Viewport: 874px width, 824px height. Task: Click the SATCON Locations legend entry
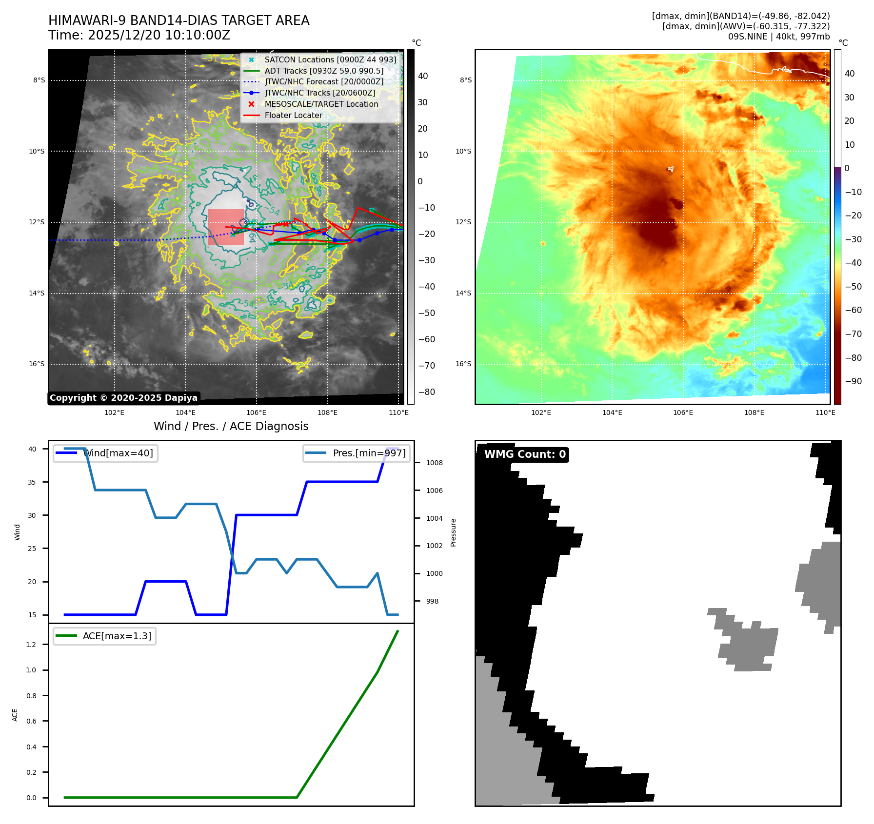click(330, 59)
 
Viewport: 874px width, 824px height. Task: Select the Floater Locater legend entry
click(293, 115)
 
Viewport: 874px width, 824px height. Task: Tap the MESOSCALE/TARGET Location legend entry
click(321, 104)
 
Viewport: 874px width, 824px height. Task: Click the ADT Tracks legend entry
click(324, 71)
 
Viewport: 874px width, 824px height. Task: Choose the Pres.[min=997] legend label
click(369, 453)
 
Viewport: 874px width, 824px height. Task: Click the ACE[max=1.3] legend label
click(117, 636)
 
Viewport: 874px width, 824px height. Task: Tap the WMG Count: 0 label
click(525, 454)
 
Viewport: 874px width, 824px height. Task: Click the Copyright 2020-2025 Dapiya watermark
click(123, 398)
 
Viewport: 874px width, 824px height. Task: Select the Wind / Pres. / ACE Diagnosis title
click(231, 426)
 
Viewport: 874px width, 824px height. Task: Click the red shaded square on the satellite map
click(226, 227)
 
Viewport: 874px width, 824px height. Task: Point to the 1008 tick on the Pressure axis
click(434, 463)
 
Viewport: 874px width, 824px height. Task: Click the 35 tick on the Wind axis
click(32, 482)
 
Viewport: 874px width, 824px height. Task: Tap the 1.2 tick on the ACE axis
click(31, 645)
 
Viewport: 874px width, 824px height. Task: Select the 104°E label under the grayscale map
click(185, 412)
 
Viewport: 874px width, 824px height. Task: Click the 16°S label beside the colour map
click(463, 364)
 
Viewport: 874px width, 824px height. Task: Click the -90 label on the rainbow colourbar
click(853, 381)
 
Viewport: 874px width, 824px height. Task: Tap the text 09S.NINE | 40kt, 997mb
click(778, 37)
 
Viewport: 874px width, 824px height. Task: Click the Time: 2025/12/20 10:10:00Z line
click(139, 35)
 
